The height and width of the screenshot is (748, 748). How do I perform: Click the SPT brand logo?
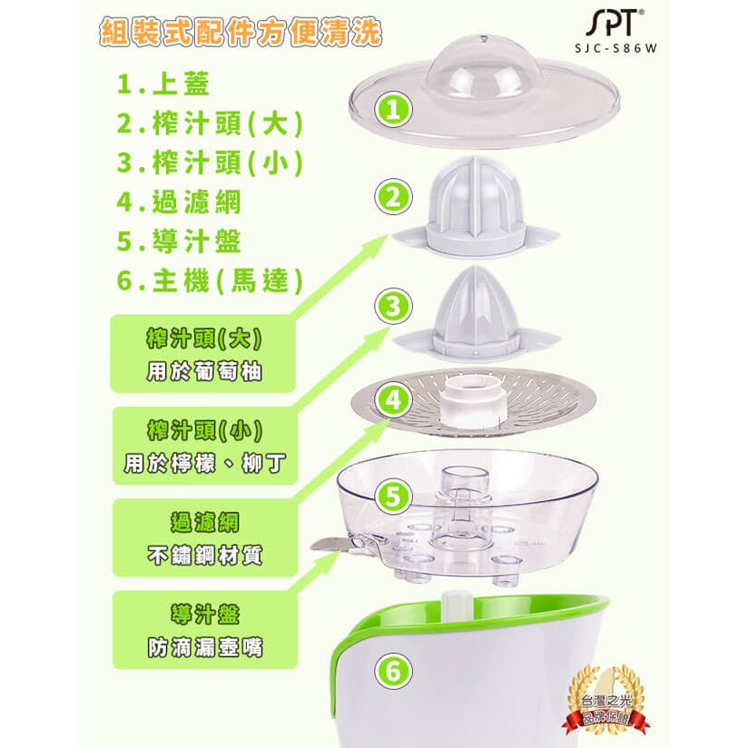(x=615, y=23)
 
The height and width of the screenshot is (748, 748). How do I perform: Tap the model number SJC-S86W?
(x=615, y=48)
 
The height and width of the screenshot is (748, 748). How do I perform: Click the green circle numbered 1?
(x=393, y=110)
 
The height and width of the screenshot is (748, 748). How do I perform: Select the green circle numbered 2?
(x=393, y=198)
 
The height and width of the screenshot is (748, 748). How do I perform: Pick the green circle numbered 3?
(x=393, y=307)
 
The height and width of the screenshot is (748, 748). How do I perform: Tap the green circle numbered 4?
(x=393, y=400)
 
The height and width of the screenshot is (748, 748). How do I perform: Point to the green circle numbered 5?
(x=393, y=497)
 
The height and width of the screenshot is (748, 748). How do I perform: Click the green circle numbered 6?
(x=393, y=671)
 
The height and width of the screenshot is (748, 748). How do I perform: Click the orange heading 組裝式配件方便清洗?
(x=241, y=32)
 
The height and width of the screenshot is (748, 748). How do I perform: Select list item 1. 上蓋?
(x=163, y=84)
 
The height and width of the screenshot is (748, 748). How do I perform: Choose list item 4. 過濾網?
(x=179, y=202)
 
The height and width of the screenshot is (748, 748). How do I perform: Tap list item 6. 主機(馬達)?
(x=210, y=280)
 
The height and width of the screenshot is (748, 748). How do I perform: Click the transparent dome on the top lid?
(x=483, y=70)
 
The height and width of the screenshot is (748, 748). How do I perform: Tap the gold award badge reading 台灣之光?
(x=605, y=701)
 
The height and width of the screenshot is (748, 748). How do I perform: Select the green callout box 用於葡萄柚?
(x=203, y=354)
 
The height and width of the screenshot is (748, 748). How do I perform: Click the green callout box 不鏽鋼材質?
(x=204, y=538)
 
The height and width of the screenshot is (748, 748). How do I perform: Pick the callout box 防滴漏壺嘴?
(x=204, y=630)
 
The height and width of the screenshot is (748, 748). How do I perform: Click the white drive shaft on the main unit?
(x=453, y=606)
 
